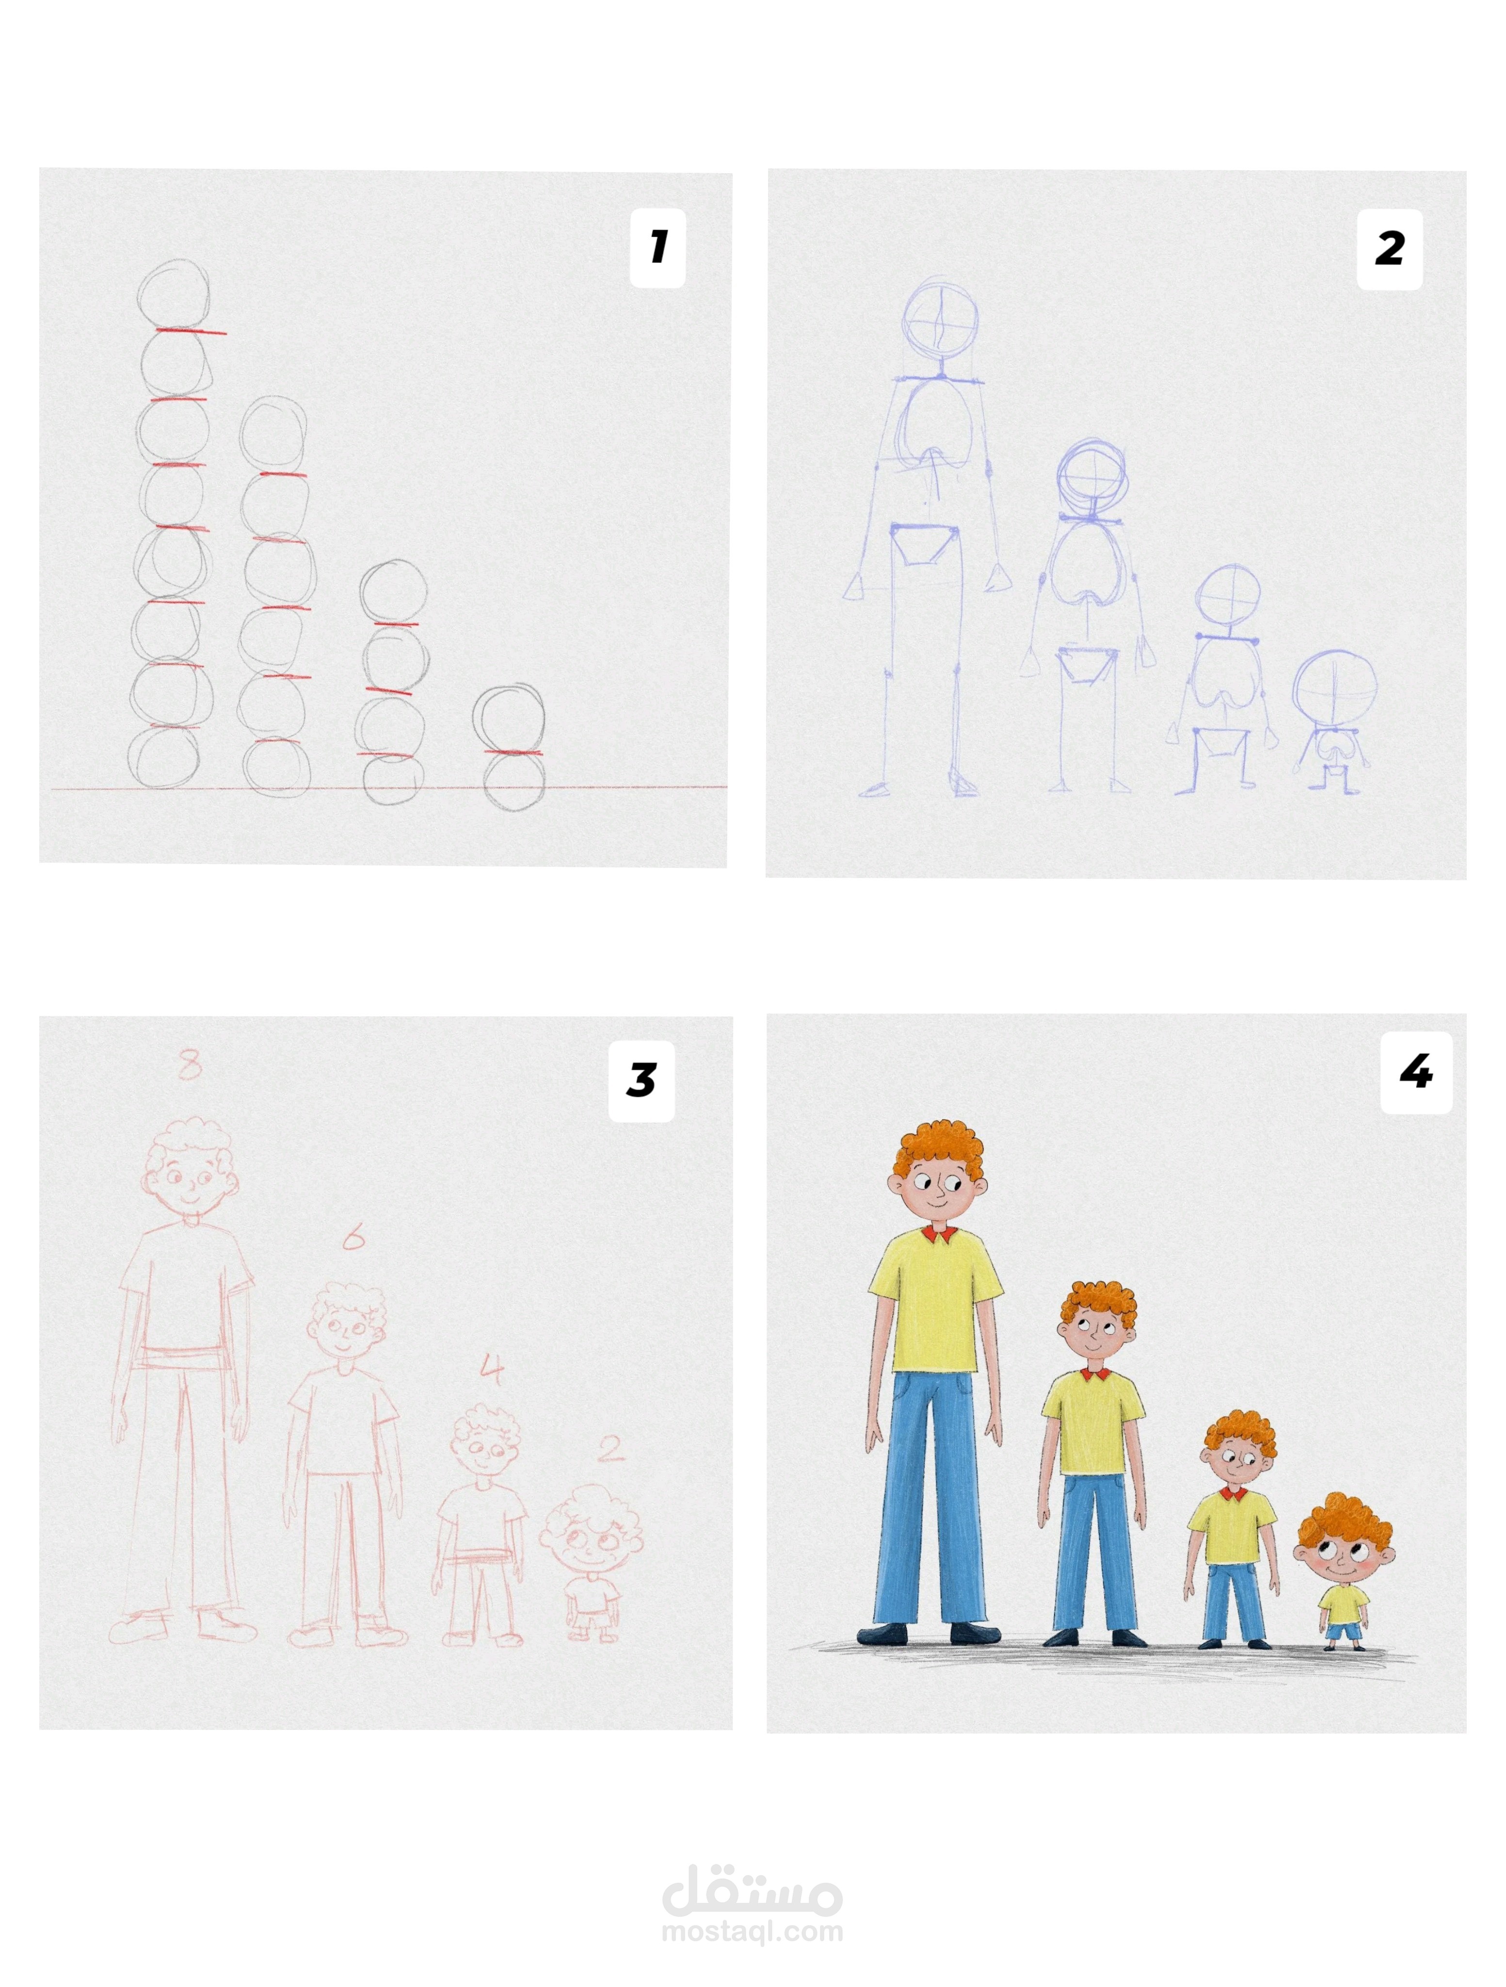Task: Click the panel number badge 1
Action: (657, 248)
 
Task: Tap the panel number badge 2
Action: (1388, 249)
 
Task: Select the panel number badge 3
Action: (641, 1081)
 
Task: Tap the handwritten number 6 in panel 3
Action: (353, 1239)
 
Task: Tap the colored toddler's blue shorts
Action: (1344, 1632)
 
